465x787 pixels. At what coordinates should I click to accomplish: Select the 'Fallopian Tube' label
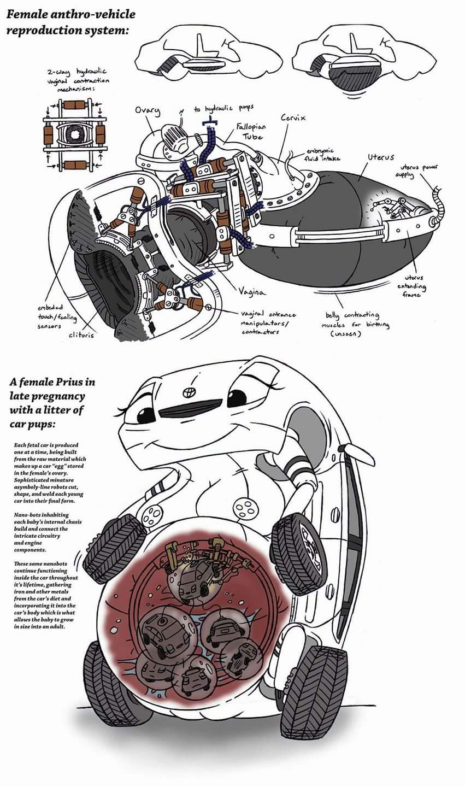[250, 131]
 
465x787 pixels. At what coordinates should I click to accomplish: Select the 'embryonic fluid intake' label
[323, 155]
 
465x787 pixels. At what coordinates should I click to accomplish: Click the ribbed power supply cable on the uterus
[438, 200]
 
